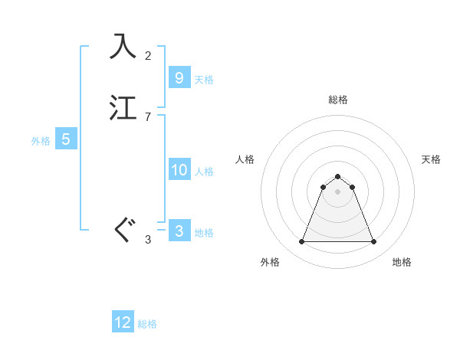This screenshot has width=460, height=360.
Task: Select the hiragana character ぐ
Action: tap(123, 230)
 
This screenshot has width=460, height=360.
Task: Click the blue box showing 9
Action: tap(179, 78)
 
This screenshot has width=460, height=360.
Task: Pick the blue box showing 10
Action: tap(179, 170)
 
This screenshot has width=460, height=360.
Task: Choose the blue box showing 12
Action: tap(123, 322)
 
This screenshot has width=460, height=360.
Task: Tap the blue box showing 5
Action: tap(66, 139)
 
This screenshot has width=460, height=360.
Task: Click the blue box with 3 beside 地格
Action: tap(179, 231)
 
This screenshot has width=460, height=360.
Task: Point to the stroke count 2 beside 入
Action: tap(148, 55)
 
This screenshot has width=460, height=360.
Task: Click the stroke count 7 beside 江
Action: tap(148, 116)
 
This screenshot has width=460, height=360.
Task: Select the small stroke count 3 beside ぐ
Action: tap(148, 240)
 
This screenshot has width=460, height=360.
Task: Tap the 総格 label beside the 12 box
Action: tap(147, 324)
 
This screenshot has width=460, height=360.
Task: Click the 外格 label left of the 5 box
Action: tap(40, 141)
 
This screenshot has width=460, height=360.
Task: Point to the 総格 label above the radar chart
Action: tap(337, 100)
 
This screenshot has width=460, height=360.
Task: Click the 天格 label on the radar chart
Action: tap(431, 159)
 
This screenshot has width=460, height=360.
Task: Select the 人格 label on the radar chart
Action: tap(245, 159)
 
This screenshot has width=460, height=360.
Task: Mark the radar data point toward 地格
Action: tap(373, 242)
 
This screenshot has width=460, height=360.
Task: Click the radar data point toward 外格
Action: tap(301, 242)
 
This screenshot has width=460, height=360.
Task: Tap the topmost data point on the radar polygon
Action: tap(337, 175)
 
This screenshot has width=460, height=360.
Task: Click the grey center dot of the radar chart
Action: tap(337, 191)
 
